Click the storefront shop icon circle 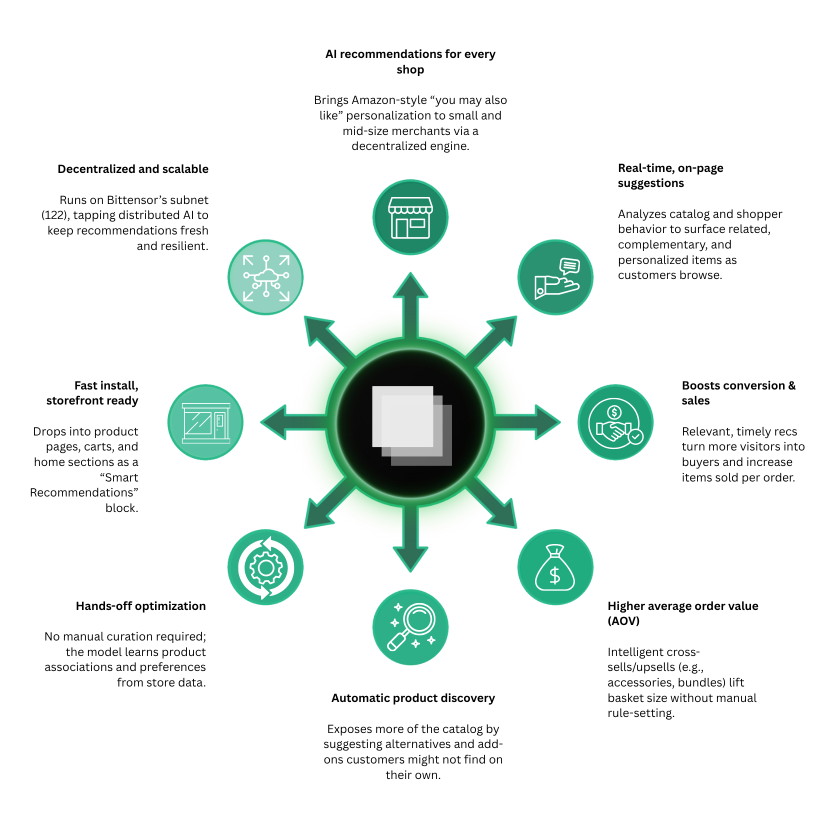(x=410, y=217)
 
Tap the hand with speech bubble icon (x=555, y=277)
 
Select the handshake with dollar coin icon (x=615, y=422)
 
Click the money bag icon (x=555, y=567)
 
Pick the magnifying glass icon (x=410, y=627)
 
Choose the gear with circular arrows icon (x=265, y=567)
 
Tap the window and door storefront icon (x=205, y=422)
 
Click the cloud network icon (x=265, y=277)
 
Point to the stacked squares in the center (x=411, y=425)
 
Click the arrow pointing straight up (x=410, y=300)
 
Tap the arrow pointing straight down (x=410, y=545)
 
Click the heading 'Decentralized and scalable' (x=133, y=169)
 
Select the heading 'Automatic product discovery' (x=413, y=698)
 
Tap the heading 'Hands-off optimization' (x=140, y=606)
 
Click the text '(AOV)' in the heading (x=623, y=621)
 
